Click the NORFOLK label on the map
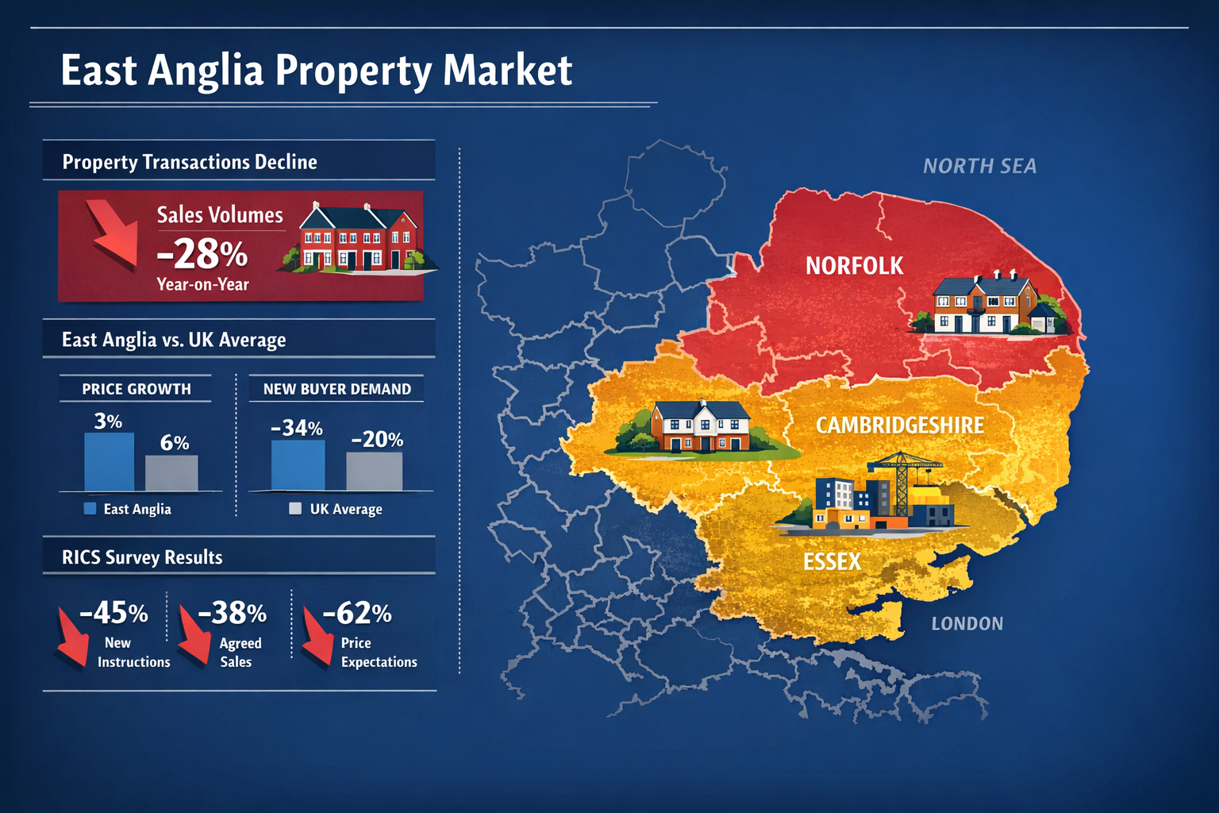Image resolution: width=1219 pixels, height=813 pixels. coord(854,266)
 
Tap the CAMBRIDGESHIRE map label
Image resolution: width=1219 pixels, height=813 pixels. coord(899,426)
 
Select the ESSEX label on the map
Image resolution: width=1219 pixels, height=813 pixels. coord(832,562)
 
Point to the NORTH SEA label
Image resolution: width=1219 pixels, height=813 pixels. coord(979,166)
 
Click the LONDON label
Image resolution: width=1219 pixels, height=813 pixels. coord(967,624)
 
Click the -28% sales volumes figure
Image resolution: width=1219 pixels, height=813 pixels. coord(202,254)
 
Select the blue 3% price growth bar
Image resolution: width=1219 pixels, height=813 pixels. coord(110,461)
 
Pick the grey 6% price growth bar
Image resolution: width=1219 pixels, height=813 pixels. coord(171,472)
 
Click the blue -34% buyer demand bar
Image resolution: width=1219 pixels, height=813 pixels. coord(298,465)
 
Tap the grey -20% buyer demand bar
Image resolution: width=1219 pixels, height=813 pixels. coord(374,471)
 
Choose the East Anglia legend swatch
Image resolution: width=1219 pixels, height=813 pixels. coord(90,509)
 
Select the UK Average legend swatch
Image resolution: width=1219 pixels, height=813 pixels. coord(295,509)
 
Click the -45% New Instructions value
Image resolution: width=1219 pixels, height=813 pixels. coord(114,613)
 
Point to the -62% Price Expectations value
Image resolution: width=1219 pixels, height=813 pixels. coord(357,613)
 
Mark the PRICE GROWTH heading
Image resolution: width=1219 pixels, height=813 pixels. coord(137,389)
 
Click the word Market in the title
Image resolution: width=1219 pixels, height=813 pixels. coord(507,71)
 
